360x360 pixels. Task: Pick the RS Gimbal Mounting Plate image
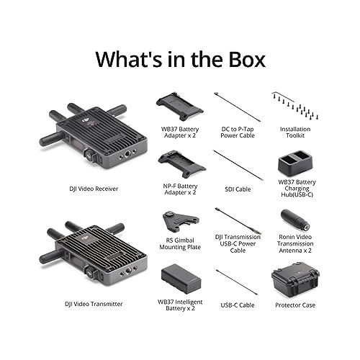[x=179, y=222]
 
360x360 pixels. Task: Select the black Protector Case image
[x=294, y=281]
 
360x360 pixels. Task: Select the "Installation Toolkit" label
[x=295, y=132]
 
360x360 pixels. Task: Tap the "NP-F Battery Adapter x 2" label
[x=179, y=189]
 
